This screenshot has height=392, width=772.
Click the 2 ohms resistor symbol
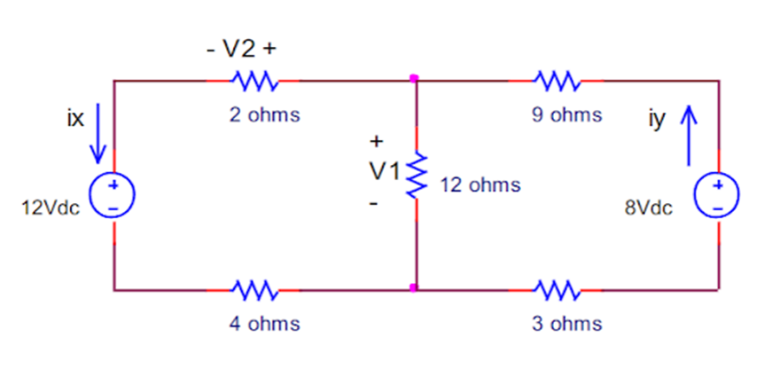point(255,82)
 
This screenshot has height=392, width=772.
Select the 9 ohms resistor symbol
point(558,82)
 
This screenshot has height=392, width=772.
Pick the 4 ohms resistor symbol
point(255,289)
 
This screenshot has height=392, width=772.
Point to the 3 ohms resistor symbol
point(558,289)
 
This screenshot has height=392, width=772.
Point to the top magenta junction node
point(414,79)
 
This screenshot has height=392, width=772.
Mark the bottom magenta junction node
point(414,287)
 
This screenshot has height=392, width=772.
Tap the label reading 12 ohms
point(480,185)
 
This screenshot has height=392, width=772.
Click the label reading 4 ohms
point(264,324)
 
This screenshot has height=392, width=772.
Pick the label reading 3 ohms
point(566,324)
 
